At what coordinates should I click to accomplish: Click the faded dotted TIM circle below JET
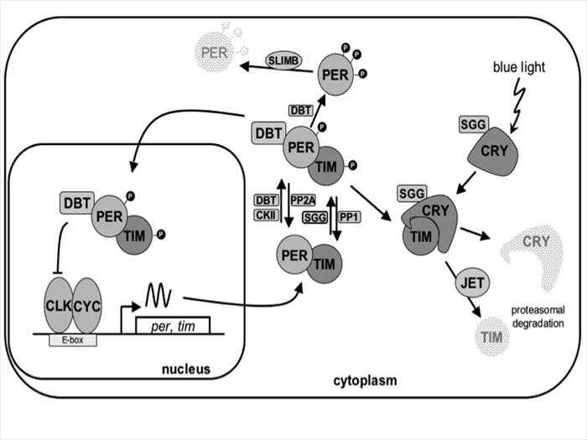pos(491,336)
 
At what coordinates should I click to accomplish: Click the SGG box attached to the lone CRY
pos(471,125)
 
